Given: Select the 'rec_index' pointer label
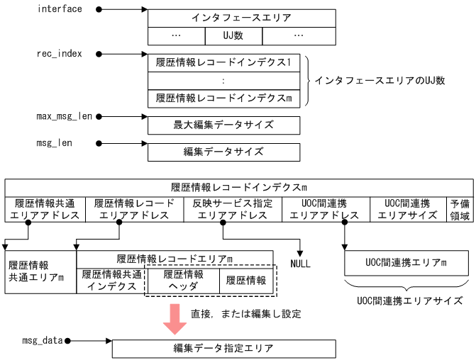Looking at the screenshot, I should point(60,53).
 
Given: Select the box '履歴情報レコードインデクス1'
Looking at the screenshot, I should point(223,62).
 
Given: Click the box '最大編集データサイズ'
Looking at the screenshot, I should point(223,125).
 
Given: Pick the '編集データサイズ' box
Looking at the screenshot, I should point(223,152).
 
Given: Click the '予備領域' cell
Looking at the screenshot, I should point(459,210).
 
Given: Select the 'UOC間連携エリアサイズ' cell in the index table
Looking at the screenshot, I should point(407,210).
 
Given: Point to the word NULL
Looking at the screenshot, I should point(301,264).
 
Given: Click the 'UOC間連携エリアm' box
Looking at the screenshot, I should point(406,263).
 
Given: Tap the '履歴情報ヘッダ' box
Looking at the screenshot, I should point(183,281).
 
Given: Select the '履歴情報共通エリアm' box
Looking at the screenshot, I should point(40,271).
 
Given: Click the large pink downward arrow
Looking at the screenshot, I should point(174,317).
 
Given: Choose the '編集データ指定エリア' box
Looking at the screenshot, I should point(223,349).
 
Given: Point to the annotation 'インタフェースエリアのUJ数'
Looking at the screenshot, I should point(380,80).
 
